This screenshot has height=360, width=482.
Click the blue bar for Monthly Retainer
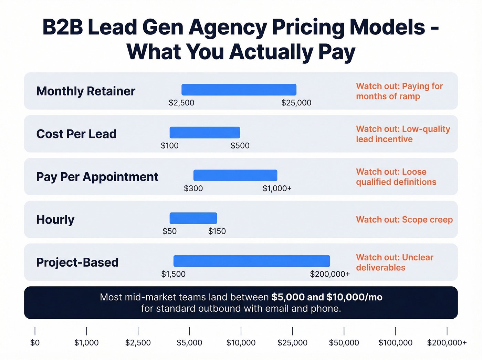239,90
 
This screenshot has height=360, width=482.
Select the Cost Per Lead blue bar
205,133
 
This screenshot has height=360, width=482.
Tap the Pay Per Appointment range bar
235,175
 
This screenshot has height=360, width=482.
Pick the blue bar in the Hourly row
193,218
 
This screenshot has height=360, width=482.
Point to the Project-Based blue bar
252,261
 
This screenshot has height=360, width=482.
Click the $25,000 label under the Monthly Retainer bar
296,103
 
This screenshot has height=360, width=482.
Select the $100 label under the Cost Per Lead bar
169,146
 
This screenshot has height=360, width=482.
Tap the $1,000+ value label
277,188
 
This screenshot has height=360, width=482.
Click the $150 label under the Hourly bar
217,231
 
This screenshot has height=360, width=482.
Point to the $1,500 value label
173,274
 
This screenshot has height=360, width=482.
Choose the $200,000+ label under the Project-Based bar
330,274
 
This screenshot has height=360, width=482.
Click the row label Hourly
55,219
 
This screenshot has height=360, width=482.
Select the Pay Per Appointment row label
97,177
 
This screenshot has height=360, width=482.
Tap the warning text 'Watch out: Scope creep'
404,220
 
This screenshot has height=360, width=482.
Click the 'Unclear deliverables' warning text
395,263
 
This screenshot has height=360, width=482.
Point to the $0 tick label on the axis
35,343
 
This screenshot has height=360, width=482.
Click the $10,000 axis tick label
241,343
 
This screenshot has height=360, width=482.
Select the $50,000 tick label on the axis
344,343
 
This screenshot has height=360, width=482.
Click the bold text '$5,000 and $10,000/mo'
327,297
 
